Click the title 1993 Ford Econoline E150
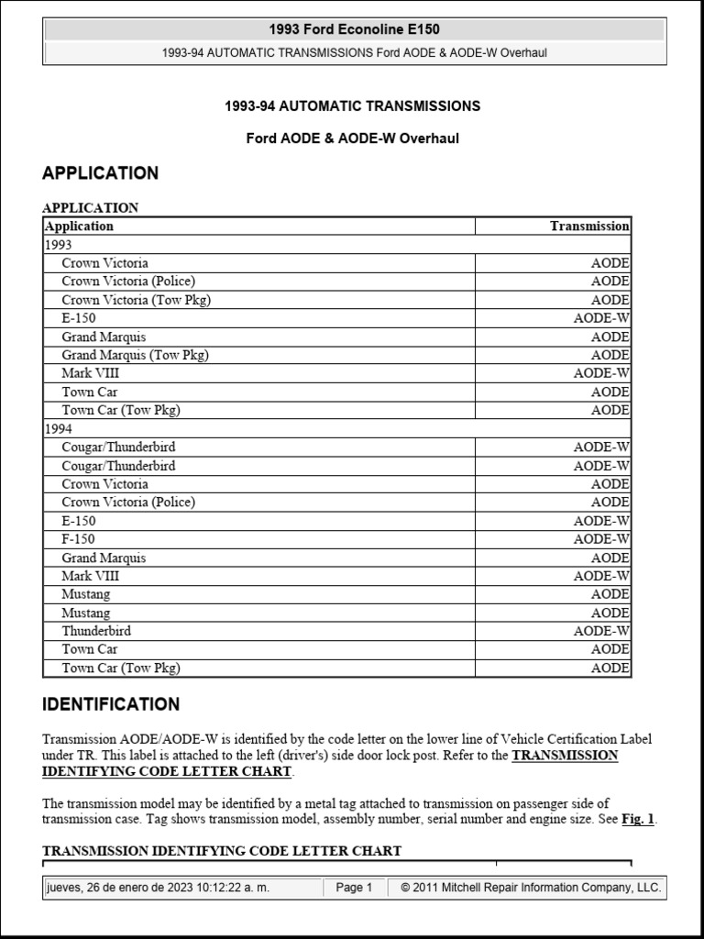coord(354,29)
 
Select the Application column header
coord(80,226)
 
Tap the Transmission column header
coord(588,226)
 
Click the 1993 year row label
coord(58,245)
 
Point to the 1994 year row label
coord(58,428)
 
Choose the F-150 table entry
coord(78,539)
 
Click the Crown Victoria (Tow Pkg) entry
coord(137,300)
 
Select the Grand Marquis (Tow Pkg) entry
coord(135,355)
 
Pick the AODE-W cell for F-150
coord(601,539)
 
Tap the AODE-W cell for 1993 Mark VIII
coord(601,373)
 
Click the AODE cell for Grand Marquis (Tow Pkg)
coord(610,355)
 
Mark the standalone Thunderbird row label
coord(96,631)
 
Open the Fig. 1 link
coord(638,820)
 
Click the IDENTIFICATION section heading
coord(111,704)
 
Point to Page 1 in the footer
coord(354,888)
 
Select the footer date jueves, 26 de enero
coord(181,888)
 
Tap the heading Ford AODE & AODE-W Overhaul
coord(353,138)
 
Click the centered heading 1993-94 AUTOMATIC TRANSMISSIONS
coord(352,106)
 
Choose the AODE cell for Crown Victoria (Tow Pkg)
coord(610,300)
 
